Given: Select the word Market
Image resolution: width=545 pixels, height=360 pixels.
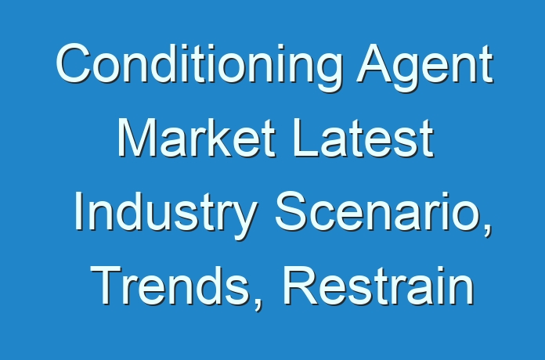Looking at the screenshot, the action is point(197,137).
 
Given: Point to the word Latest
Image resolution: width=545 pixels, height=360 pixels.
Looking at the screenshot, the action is point(363,137).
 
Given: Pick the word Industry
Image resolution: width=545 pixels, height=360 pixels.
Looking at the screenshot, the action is point(166,214).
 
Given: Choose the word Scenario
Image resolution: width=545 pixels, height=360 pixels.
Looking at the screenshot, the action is point(380,212).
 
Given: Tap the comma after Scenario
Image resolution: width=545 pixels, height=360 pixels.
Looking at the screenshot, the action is point(488,232).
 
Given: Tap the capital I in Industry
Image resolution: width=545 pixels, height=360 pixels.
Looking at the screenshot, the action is point(78,211).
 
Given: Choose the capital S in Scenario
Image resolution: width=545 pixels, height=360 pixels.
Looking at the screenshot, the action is point(291,211).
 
